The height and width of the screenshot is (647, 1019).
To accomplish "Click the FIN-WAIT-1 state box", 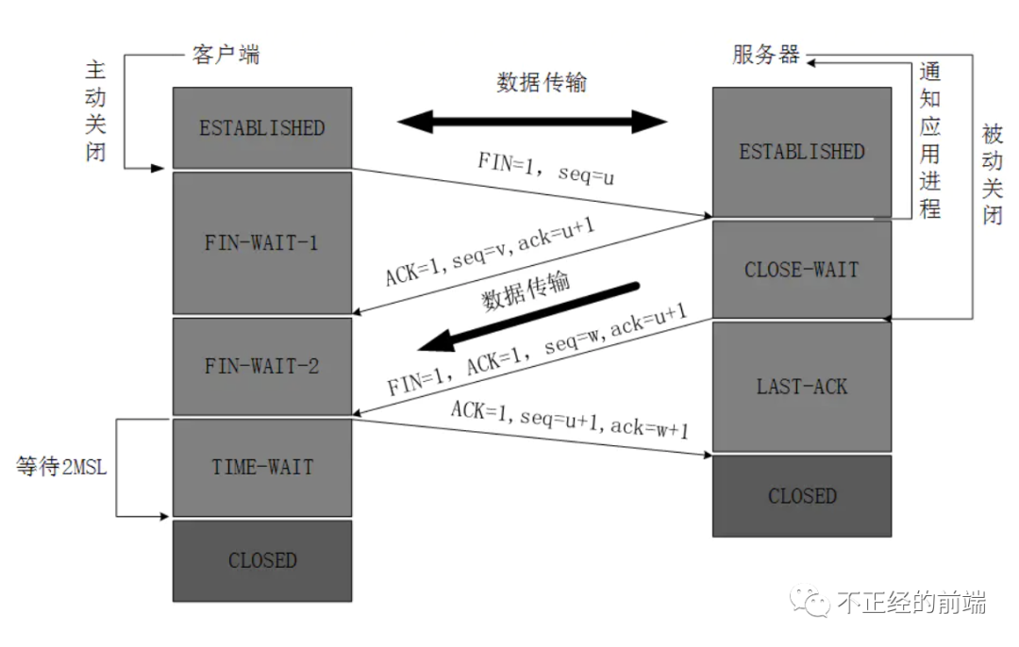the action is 262,243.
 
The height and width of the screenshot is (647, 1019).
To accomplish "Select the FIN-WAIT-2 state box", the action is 262,366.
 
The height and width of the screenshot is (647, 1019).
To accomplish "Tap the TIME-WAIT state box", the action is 262,467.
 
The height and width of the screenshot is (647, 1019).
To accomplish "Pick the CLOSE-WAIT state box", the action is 802,270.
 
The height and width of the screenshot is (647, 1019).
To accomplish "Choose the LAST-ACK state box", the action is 802,387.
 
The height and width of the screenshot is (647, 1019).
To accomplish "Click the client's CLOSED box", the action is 262,560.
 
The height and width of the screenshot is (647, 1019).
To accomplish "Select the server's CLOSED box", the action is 802,496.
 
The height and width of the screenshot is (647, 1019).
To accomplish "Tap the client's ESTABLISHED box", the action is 262,128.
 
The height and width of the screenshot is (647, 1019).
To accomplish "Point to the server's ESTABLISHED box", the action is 802,152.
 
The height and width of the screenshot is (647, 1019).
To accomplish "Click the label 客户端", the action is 226,55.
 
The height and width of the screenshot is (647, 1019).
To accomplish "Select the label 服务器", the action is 765,55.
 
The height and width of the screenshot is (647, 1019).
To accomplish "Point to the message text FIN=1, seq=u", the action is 546,168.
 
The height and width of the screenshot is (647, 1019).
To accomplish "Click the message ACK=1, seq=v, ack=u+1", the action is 490,252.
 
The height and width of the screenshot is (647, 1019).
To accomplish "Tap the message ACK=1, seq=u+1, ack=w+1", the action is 569,420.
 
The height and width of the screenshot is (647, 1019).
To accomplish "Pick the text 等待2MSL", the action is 61,467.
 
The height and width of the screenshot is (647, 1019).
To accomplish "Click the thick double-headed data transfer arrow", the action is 532,122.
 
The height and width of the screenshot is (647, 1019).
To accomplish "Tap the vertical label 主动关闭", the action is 95,111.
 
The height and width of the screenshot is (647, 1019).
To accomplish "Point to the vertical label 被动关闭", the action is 993,174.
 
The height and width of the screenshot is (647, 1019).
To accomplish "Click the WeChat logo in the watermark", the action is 810,601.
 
